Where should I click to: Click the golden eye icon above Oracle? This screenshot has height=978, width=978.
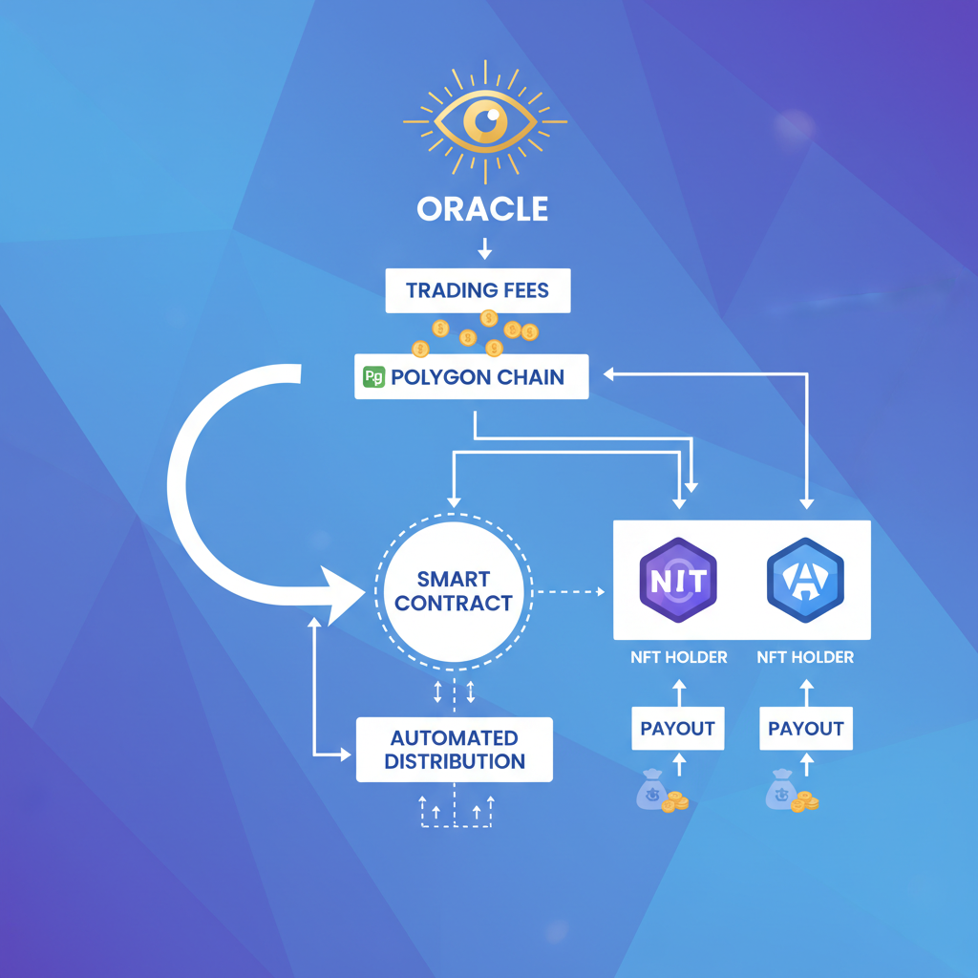(485, 121)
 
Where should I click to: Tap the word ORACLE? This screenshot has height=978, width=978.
(482, 209)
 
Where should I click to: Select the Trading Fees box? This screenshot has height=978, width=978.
(478, 290)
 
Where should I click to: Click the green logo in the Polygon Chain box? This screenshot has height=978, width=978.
(373, 377)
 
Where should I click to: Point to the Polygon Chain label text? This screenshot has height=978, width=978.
(478, 377)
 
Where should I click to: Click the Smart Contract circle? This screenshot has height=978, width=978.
(453, 591)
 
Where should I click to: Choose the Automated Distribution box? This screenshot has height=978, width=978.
(454, 750)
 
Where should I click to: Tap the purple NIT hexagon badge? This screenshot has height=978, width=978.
(678, 580)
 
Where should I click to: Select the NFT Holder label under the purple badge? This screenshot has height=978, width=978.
(678, 657)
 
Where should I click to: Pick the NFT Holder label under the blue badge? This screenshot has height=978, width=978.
(805, 657)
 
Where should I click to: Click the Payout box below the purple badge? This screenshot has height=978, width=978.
(677, 729)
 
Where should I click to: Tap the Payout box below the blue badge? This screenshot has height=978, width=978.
(806, 729)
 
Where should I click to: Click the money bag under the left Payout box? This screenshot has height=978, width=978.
(654, 792)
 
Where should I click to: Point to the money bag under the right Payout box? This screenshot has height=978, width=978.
(782, 792)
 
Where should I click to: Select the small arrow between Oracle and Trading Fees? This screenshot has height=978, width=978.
(484, 249)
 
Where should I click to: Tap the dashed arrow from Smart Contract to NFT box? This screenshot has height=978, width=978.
(569, 592)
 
